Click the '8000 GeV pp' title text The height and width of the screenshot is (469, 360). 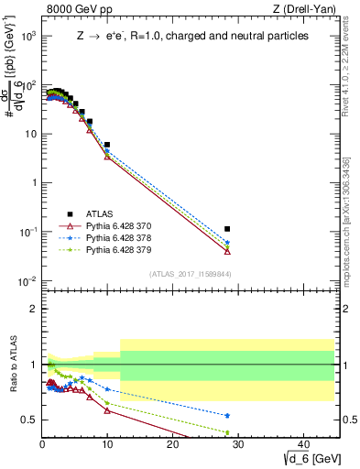(76, 10)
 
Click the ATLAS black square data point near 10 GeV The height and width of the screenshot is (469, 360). (107, 145)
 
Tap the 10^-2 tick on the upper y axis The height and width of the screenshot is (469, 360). (31, 280)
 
